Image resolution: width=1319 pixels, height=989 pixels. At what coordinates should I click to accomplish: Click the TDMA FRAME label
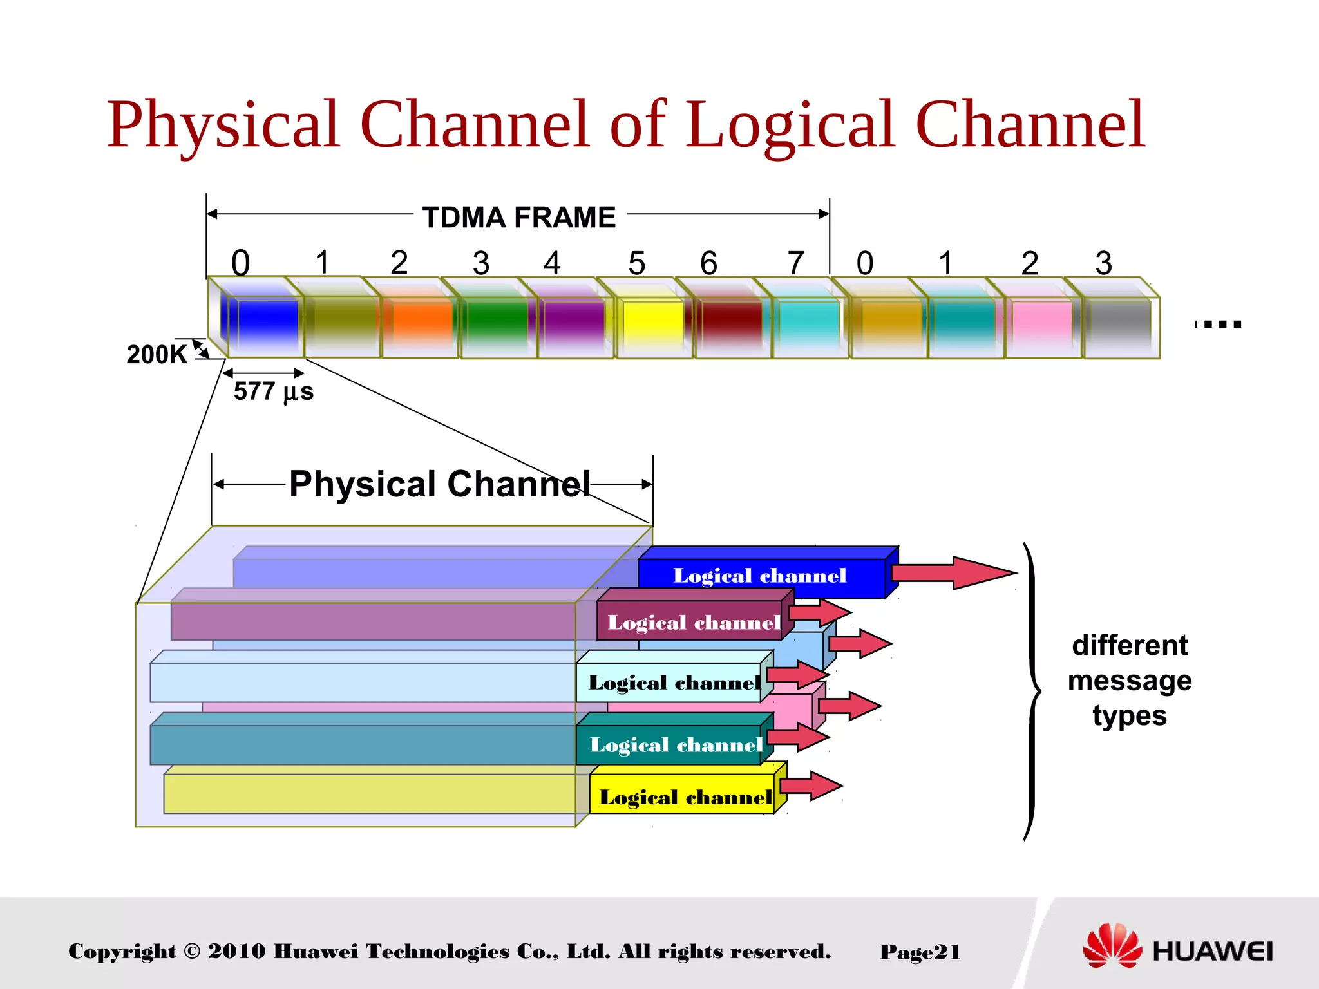point(518,218)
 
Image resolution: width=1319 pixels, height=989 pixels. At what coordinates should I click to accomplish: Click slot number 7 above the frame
point(796,263)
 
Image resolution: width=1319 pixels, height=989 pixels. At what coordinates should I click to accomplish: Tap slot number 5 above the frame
point(636,263)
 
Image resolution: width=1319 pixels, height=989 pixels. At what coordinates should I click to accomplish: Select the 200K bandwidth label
point(157,355)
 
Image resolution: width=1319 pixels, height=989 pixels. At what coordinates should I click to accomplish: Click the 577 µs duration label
point(274,391)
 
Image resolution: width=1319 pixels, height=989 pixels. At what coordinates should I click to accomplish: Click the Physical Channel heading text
point(439,484)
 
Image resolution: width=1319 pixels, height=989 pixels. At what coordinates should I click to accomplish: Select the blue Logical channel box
point(760,576)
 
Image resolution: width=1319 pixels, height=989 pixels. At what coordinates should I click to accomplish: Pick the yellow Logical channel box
point(685,798)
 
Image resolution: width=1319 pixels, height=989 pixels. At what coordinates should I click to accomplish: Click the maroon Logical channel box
point(693,623)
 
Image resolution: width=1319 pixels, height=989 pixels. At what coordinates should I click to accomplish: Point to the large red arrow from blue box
point(953,572)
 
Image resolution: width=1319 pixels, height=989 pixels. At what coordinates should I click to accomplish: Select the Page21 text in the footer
point(920,952)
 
